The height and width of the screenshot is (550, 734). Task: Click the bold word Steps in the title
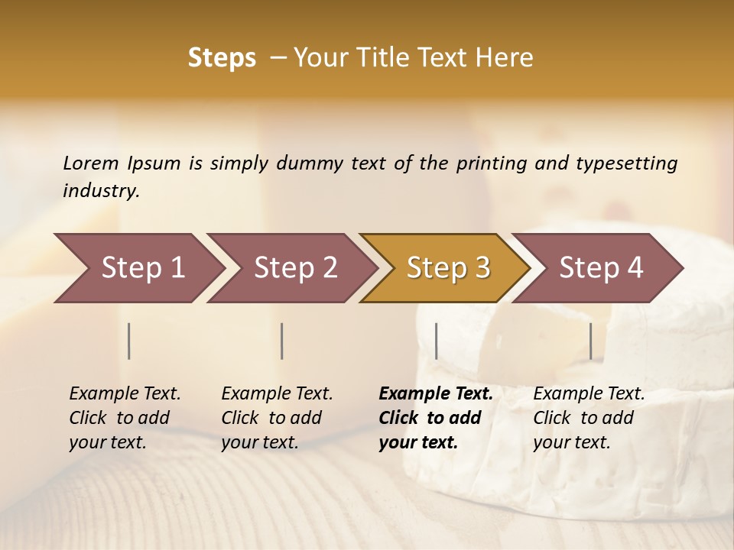pyautogui.click(x=222, y=58)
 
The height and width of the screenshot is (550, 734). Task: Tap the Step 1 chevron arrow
pyautogui.click(x=142, y=268)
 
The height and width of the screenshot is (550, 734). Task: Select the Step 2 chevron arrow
pyautogui.click(x=295, y=268)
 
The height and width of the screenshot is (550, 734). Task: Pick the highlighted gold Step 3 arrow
pyautogui.click(x=448, y=268)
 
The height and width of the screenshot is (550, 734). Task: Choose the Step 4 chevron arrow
pyautogui.click(x=601, y=268)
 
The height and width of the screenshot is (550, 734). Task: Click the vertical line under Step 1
pyautogui.click(x=129, y=341)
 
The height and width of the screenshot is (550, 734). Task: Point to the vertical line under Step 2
pyautogui.click(x=282, y=341)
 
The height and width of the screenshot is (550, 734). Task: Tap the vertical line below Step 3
pyautogui.click(x=436, y=341)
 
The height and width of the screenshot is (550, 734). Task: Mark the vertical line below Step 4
pyautogui.click(x=590, y=341)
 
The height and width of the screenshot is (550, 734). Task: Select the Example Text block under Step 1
pyautogui.click(x=125, y=417)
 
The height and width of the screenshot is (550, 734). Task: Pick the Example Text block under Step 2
pyautogui.click(x=277, y=417)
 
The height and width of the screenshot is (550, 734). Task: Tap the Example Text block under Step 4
pyautogui.click(x=589, y=417)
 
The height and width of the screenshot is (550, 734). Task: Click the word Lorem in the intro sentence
pyautogui.click(x=91, y=163)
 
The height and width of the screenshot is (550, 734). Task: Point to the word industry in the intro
pyautogui.click(x=100, y=191)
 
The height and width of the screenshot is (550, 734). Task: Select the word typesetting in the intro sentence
pyautogui.click(x=626, y=163)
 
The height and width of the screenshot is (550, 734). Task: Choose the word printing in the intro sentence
pyautogui.click(x=492, y=163)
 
